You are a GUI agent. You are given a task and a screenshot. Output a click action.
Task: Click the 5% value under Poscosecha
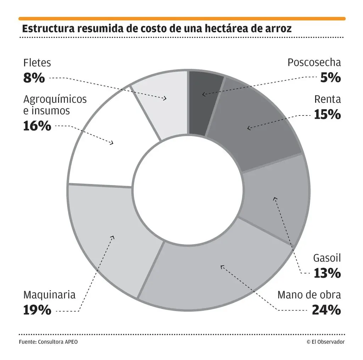click(330, 78)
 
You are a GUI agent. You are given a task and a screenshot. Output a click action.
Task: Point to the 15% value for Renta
click(327, 114)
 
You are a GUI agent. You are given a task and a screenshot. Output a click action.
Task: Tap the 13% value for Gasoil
click(327, 273)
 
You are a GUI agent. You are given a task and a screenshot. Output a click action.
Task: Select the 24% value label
click(326, 310)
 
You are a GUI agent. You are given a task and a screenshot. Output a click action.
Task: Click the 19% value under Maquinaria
click(37, 310)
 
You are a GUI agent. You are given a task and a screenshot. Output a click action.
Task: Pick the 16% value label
click(37, 126)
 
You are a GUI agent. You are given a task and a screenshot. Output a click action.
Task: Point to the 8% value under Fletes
click(34, 78)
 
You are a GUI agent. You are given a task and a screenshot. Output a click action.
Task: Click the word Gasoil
click(327, 258)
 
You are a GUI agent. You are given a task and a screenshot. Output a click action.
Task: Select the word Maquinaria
click(49, 295)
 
